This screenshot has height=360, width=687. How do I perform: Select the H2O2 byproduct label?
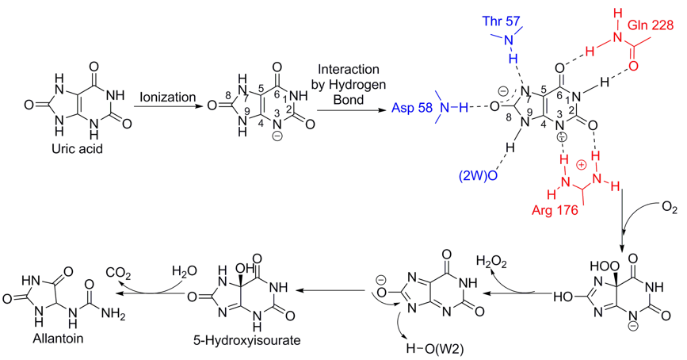pyautogui.click(x=494, y=261)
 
